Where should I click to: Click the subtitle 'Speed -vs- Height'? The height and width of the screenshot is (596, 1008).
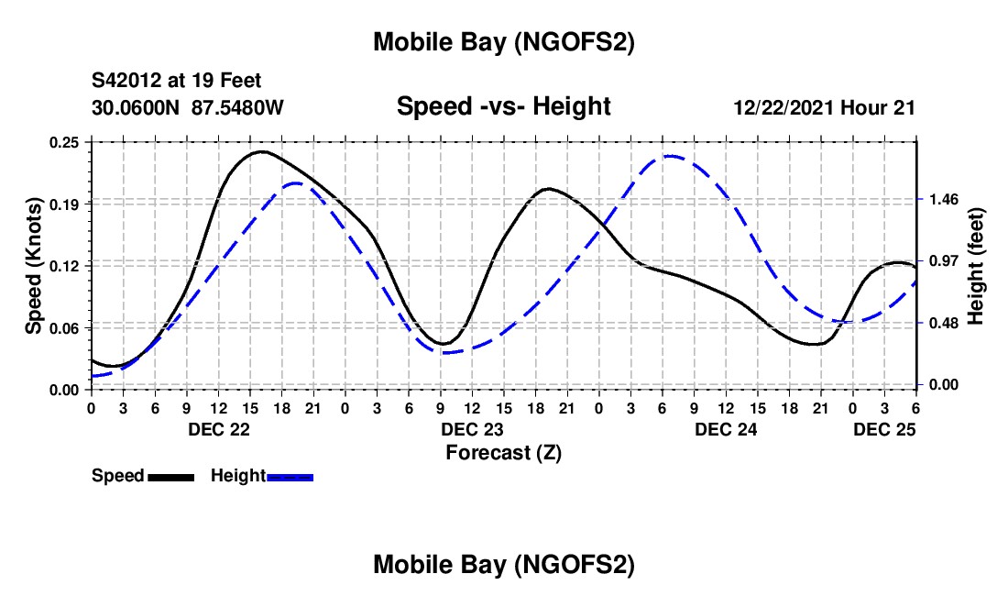coord(503,107)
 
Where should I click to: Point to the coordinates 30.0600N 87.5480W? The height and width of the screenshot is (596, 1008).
coord(188,107)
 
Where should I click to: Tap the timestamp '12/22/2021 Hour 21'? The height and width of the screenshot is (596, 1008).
coord(824,107)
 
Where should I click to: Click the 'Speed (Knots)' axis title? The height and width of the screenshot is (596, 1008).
coord(33,266)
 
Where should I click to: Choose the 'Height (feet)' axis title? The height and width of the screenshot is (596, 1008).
coord(975,266)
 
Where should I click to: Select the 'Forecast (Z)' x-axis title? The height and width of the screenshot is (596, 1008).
coord(503,452)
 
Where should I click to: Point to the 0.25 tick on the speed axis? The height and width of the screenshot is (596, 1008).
coord(66,142)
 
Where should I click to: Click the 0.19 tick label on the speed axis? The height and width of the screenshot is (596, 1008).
coord(66,204)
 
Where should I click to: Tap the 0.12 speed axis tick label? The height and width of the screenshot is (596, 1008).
coord(66,266)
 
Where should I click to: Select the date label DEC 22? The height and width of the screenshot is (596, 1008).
coord(218,429)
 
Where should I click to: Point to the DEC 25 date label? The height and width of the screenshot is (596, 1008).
coord(884,429)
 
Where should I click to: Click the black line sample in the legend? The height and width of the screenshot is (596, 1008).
coord(170,476)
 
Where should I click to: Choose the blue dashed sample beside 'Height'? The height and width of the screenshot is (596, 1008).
coord(290,476)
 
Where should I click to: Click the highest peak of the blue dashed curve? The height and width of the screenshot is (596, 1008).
coord(670,156)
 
